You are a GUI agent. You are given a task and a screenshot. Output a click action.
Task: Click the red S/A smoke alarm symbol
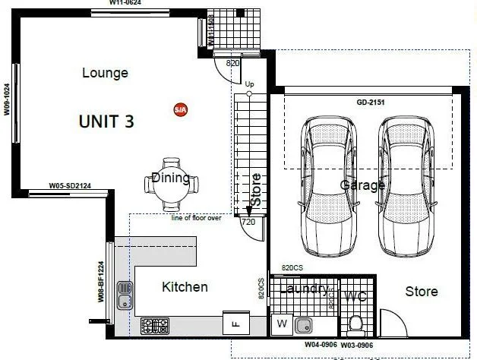point(180,109)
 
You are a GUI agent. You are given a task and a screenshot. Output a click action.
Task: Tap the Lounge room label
point(105,74)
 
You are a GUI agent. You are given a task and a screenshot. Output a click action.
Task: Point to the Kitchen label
point(185,287)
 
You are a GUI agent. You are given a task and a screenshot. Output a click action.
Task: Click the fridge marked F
point(234,324)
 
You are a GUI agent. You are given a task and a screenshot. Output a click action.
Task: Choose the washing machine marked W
point(281,324)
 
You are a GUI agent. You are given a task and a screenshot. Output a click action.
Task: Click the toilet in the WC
point(355,324)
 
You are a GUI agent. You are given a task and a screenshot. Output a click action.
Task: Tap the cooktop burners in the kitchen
point(155,326)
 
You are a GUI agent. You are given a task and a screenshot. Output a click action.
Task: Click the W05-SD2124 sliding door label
point(70,185)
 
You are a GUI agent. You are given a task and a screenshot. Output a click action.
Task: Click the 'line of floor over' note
point(196,218)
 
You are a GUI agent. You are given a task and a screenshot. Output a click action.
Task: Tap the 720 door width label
point(248,223)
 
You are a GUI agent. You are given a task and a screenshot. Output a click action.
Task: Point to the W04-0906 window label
point(320,344)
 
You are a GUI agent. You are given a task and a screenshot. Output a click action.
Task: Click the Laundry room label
point(304,289)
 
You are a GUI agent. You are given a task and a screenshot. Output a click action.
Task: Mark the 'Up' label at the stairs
point(249,84)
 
